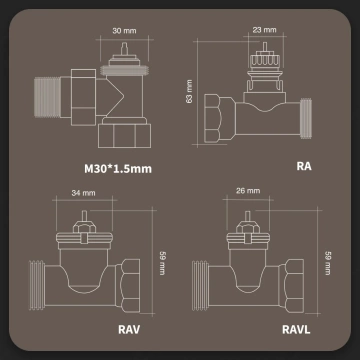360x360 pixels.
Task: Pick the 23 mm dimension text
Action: [x=264, y=29]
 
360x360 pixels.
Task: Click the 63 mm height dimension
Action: [x=189, y=93]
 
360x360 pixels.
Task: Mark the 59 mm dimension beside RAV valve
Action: [x=163, y=262]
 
